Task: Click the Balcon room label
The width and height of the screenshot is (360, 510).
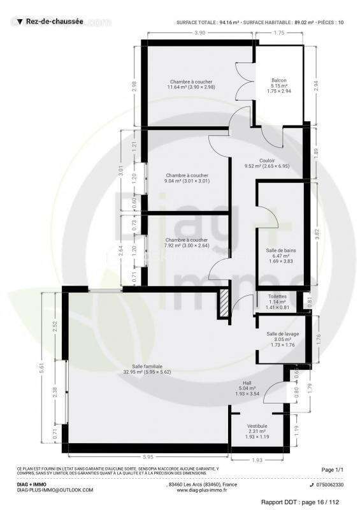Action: tap(278, 80)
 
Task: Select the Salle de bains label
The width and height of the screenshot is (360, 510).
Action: tap(280, 251)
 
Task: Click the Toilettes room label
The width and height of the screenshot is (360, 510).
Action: tap(277, 296)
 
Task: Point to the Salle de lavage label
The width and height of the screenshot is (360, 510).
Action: tap(278, 334)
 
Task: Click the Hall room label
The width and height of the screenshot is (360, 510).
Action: tap(248, 382)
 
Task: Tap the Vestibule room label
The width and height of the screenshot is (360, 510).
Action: tap(257, 426)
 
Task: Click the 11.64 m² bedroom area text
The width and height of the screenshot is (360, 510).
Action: tap(191, 87)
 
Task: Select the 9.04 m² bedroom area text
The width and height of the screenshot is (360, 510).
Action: tap(187, 181)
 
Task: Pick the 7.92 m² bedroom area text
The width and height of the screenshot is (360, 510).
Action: tap(186, 245)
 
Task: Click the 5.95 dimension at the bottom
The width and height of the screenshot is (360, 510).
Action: tap(147, 456)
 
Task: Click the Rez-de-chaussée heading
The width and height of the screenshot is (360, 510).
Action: tap(54, 21)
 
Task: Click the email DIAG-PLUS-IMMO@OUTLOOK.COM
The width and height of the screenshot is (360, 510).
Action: tap(55, 490)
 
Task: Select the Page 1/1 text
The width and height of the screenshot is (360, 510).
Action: tap(332, 470)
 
